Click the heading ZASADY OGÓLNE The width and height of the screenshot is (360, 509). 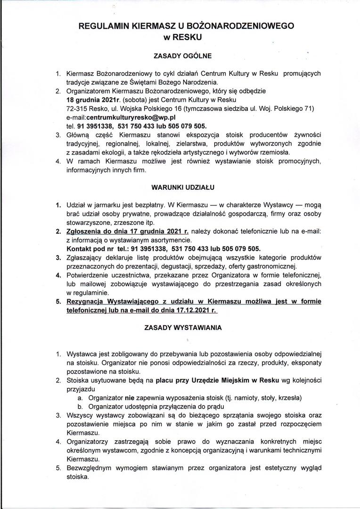point(183,56)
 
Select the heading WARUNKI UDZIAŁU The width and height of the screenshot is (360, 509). point(183,187)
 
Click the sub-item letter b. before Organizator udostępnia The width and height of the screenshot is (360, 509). point(81,406)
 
